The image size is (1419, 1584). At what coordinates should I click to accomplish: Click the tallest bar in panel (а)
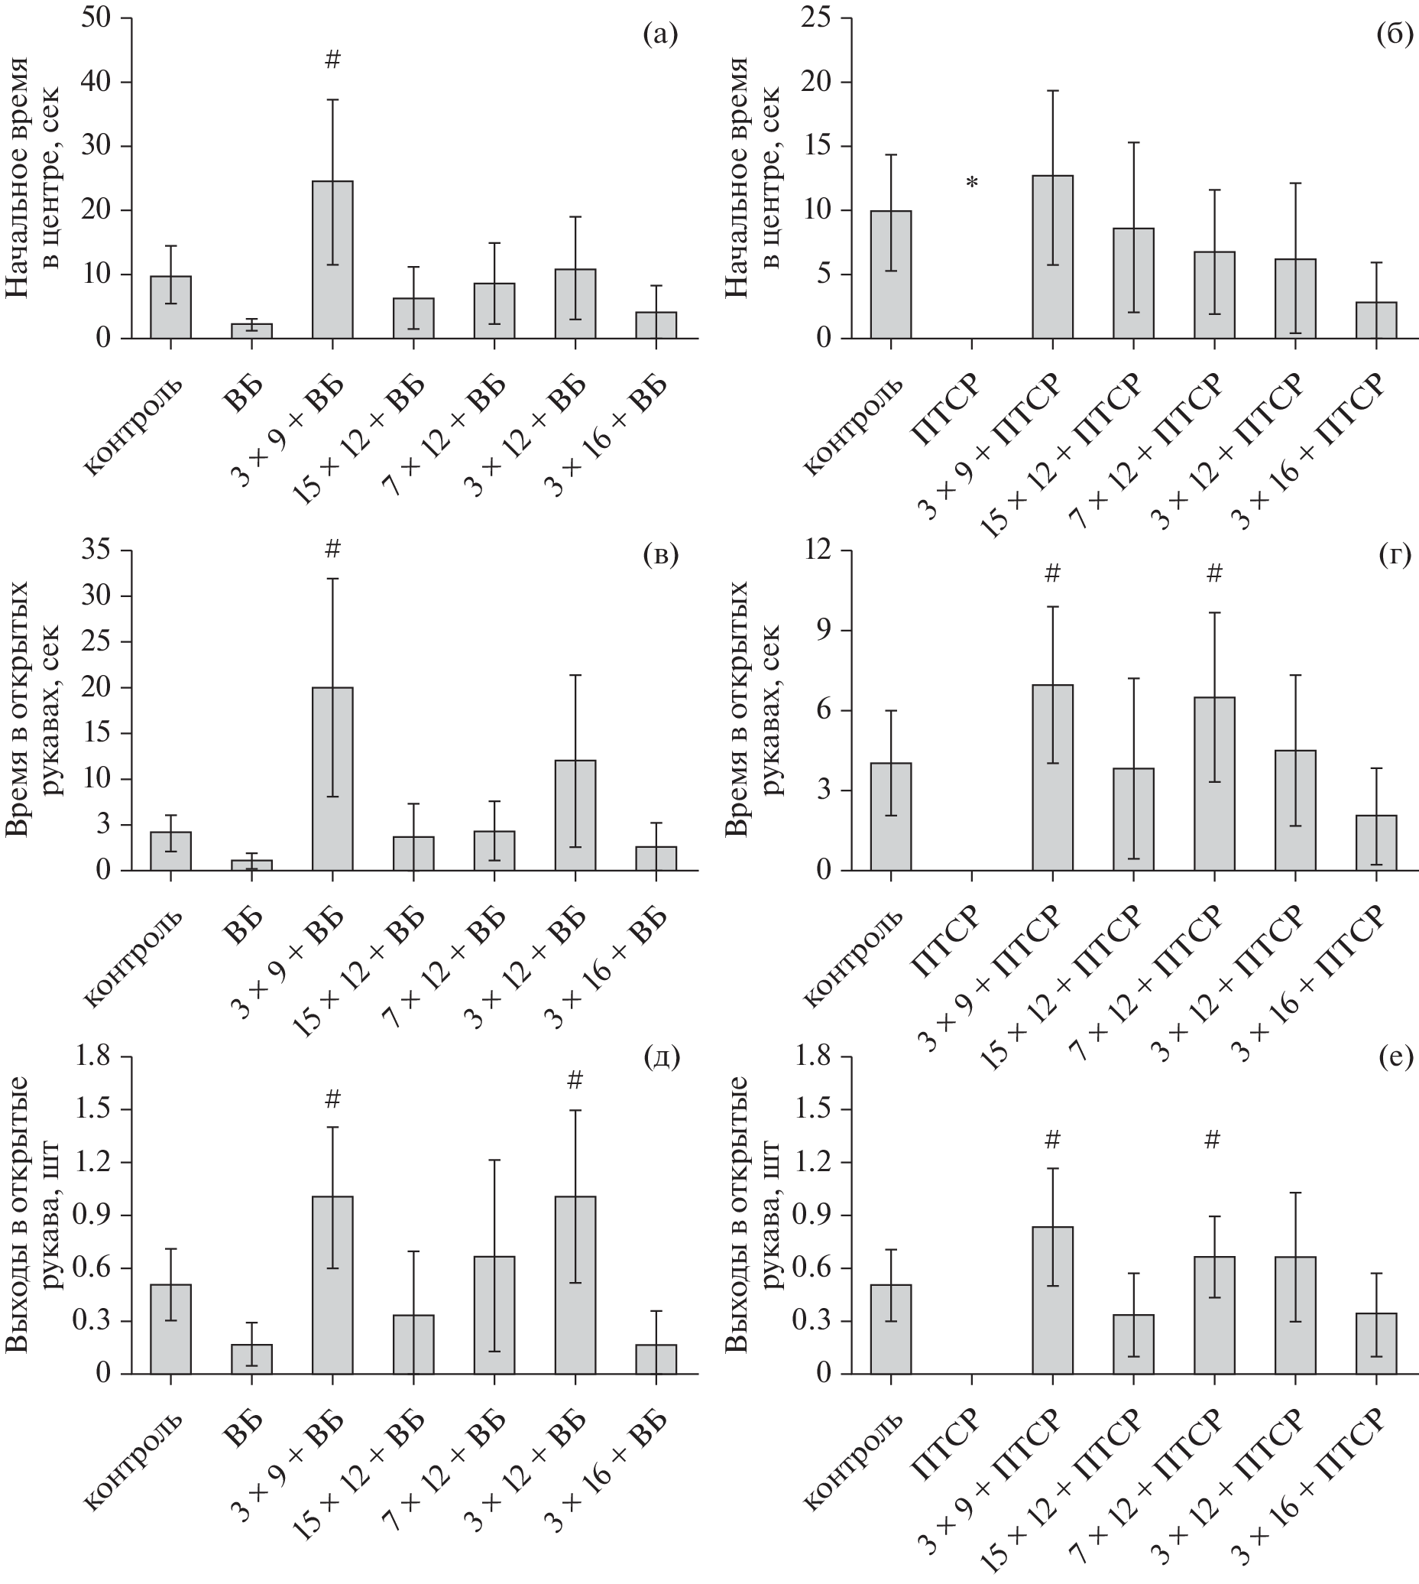(332, 260)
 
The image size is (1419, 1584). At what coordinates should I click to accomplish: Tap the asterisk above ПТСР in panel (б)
(971, 183)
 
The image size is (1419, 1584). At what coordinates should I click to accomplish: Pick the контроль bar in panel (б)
(890, 274)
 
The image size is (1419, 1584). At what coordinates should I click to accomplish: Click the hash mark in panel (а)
(332, 60)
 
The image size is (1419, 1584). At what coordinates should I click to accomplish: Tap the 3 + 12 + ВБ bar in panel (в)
(575, 815)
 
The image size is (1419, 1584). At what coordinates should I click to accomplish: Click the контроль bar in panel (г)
(890, 816)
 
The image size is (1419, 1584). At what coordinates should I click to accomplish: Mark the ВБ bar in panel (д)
(251, 1358)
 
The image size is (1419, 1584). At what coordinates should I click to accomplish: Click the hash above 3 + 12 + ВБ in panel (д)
(575, 1080)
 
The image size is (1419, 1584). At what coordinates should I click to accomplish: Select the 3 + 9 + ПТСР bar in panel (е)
(1052, 1300)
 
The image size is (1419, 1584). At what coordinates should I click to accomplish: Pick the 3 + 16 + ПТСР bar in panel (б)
(1376, 320)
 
